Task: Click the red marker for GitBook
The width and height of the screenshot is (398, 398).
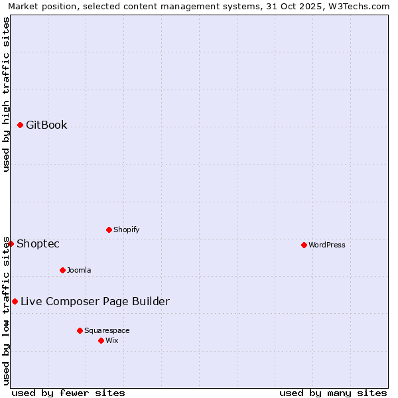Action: (x=20, y=125)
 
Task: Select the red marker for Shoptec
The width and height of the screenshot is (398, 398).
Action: (x=11, y=243)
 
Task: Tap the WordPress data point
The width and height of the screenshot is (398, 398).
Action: (x=304, y=245)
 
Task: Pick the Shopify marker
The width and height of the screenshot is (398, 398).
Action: (x=109, y=230)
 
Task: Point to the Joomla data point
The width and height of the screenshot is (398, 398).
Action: (x=62, y=270)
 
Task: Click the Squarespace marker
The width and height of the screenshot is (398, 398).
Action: (x=80, y=330)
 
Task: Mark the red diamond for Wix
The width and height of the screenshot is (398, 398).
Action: (x=101, y=340)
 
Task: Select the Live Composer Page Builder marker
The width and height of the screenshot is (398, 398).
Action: (x=15, y=301)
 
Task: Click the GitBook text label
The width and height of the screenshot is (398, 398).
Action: (x=46, y=125)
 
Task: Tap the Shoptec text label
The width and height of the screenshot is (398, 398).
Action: (x=38, y=243)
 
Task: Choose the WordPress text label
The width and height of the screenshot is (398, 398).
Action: (x=327, y=245)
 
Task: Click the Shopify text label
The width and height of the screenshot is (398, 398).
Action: (x=126, y=230)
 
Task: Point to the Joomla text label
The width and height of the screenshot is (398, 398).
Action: (x=79, y=270)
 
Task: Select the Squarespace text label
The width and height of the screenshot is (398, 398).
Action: (x=107, y=330)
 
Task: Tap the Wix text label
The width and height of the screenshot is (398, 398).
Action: (x=111, y=340)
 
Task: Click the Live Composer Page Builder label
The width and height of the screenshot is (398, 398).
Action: (x=95, y=301)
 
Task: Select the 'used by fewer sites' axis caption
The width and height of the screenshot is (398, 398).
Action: (x=68, y=393)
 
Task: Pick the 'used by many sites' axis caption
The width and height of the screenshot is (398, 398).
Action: (x=333, y=393)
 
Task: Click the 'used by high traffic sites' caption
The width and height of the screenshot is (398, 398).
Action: (x=6, y=94)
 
